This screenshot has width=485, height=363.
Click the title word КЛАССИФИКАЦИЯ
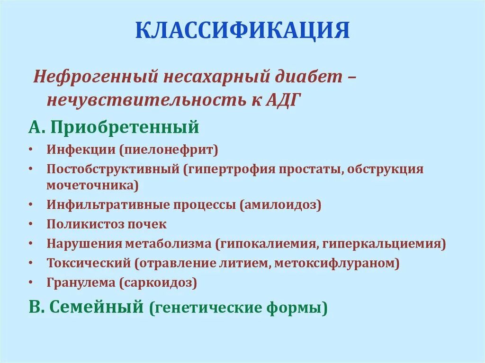coord(242,30)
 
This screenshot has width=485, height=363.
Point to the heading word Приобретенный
coord(125,127)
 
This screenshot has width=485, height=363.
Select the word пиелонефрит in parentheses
coord(169,151)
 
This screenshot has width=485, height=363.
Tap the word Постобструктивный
coord(112,169)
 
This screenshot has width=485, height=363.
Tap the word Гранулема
coord(81,283)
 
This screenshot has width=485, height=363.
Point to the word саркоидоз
coord(158,283)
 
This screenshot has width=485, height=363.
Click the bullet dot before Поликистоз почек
coord(31,224)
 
